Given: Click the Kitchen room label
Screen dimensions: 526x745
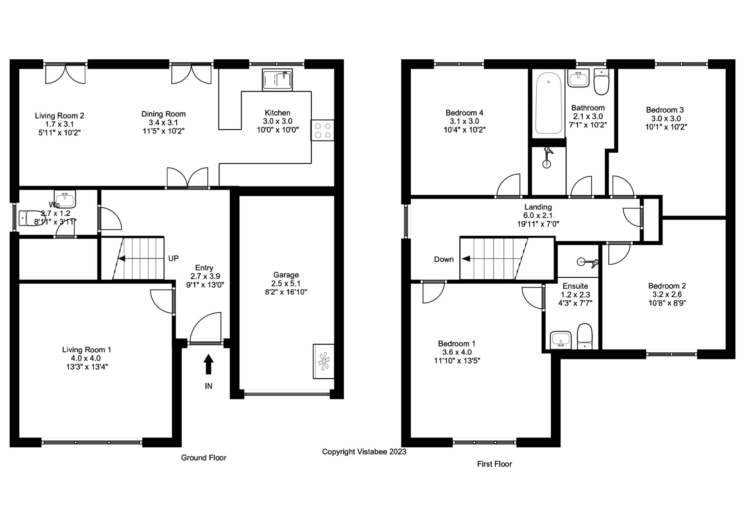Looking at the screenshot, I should tap(278, 113).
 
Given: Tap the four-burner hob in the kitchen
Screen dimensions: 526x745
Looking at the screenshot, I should tap(323, 130).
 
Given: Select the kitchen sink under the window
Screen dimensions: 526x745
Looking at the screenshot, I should tap(277, 80).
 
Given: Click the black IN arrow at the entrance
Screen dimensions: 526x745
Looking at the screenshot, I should tap(208, 364).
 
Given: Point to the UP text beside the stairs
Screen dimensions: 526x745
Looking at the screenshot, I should tap(173, 258).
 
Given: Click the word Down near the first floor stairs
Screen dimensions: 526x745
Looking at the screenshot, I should tap(444, 259).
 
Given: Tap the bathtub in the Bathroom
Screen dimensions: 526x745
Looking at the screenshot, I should tap(549, 103).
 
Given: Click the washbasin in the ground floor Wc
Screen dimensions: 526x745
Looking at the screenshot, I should tap(65, 199).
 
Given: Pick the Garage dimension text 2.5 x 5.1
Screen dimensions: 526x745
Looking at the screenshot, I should tap(286, 283).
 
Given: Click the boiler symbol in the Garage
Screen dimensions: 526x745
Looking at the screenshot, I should tap(323, 361).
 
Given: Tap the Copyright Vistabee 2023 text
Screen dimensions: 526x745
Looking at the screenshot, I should tap(364, 452).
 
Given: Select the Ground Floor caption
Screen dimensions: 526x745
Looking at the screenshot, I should tap(203, 458).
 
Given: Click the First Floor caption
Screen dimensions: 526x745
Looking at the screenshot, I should tap(494, 464).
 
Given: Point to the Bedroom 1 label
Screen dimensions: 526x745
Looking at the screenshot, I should tap(457, 344).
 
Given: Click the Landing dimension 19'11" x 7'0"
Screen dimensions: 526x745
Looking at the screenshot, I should tap(538, 224).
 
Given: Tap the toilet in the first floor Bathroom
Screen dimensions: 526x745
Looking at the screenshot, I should tap(601, 82).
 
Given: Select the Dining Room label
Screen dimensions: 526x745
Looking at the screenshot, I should tap(163, 114).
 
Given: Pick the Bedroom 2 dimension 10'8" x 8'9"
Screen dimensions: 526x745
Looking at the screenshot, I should tap(667, 303).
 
